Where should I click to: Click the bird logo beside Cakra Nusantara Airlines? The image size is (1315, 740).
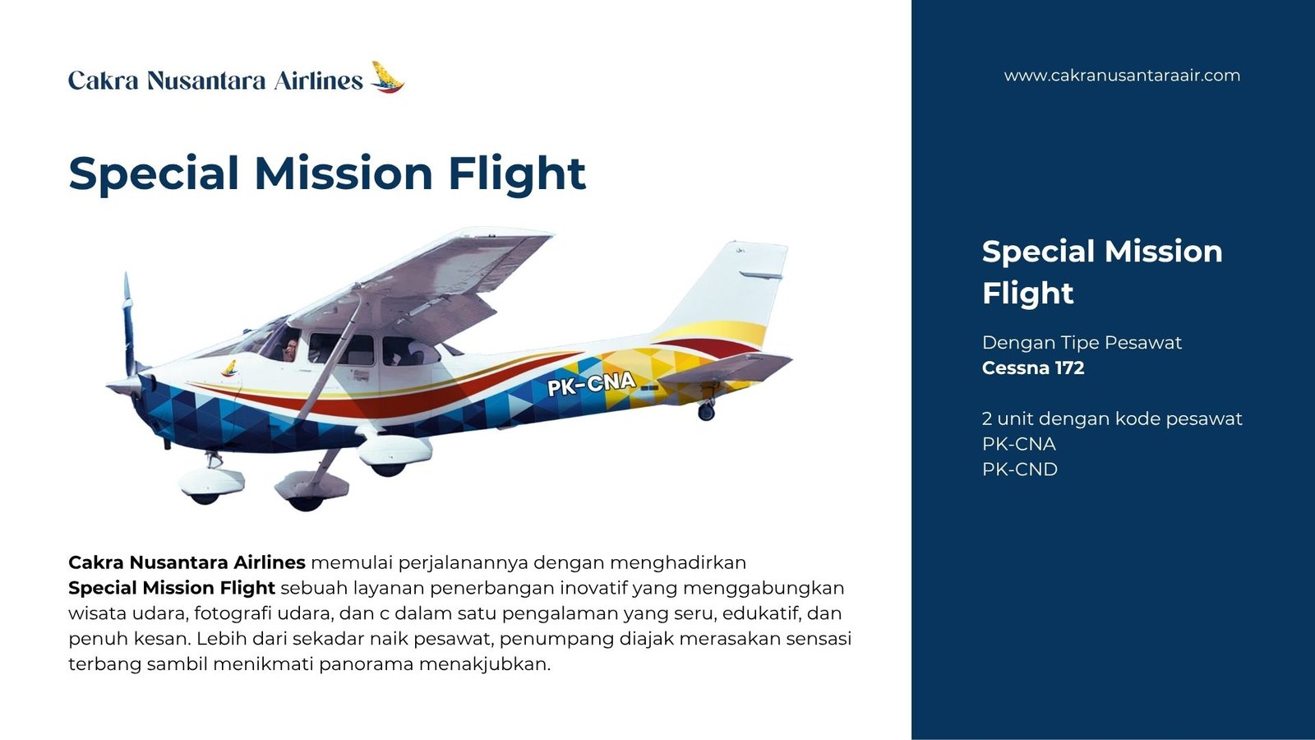point(387,77)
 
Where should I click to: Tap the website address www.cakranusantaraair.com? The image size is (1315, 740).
point(1122,76)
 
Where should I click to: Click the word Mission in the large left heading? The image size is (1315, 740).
point(344,173)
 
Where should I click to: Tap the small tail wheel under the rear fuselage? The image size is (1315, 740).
point(706,411)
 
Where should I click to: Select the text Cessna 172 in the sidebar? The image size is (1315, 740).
point(1032,368)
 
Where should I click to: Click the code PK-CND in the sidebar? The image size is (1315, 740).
point(1020,469)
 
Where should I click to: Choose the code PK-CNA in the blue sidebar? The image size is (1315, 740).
point(1018,444)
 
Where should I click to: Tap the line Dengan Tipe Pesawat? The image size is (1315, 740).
point(1082,342)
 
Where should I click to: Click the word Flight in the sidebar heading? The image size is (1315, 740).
point(1027,293)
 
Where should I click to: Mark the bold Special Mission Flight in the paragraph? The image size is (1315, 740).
point(172,588)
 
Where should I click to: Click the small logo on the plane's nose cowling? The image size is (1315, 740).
point(229,368)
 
